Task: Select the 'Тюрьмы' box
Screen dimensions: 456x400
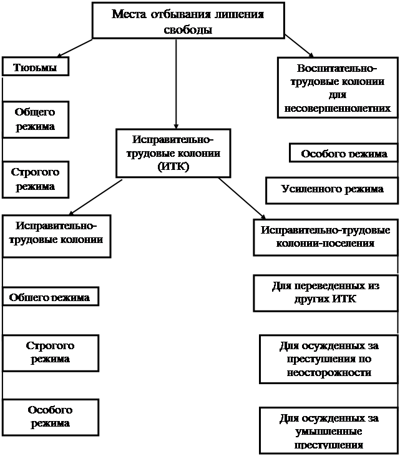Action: pos(35,67)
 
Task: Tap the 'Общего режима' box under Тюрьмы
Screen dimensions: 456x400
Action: pos(35,119)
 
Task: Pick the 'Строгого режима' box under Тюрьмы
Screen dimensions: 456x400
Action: pos(35,179)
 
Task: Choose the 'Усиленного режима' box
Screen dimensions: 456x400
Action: pos(332,189)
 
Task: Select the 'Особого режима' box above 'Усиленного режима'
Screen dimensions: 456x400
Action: pos(344,154)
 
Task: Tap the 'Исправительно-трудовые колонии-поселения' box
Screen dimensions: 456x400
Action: pos(326,236)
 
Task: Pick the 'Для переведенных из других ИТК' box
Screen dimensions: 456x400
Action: pos(326,292)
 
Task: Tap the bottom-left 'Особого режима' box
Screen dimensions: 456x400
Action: pos(51,417)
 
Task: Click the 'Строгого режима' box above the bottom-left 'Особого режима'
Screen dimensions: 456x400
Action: pos(51,352)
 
